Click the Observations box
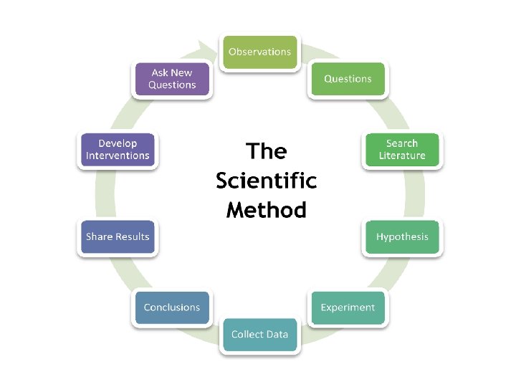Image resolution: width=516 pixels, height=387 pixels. pyautogui.click(x=259, y=52)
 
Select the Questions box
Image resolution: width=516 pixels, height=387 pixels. pyautogui.click(x=348, y=79)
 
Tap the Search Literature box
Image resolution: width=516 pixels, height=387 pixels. pyautogui.click(x=402, y=149)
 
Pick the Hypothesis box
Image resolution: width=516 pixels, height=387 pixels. pyautogui.click(x=402, y=236)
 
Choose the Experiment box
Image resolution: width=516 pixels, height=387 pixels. pyautogui.click(x=348, y=307)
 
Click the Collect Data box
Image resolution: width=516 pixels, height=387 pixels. pyautogui.click(x=259, y=334)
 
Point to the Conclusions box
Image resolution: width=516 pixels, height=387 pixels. pyautogui.click(x=172, y=307)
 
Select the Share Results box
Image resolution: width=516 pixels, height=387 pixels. pyautogui.click(x=118, y=236)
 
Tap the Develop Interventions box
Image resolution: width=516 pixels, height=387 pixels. pyautogui.click(x=118, y=149)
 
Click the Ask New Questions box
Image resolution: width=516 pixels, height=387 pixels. pyautogui.click(x=172, y=79)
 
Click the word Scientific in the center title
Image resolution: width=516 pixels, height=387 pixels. pyautogui.click(x=266, y=181)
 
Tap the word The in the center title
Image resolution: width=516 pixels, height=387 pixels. pyautogui.click(x=266, y=151)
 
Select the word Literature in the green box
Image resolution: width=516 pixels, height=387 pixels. pyautogui.click(x=402, y=156)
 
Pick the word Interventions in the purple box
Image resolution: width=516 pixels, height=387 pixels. pyautogui.click(x=118, y=156)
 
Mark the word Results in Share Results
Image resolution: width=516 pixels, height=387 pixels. pyautogui.click(x=133, y=236)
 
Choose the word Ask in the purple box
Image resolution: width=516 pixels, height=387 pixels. pyautogui.click(x=160, y=72)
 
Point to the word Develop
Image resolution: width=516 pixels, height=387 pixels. pyautogui.click(x=118, y=143)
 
